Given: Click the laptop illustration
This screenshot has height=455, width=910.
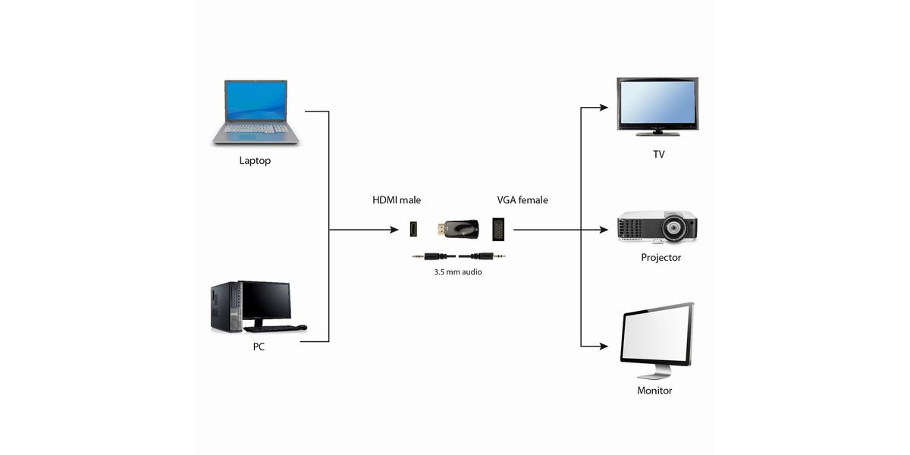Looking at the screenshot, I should [256, 112].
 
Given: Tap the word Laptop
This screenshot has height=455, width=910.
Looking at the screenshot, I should [255, 161].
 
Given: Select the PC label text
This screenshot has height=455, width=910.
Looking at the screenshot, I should [259, 347].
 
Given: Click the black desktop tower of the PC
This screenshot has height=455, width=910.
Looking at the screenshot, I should [224, 306].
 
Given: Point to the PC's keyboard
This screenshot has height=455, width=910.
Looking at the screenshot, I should [270, 328].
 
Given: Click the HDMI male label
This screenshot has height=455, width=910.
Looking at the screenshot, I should [396, 200].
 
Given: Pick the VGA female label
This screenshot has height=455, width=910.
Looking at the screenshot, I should [522, 200].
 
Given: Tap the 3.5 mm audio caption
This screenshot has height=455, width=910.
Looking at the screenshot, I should [453, 271].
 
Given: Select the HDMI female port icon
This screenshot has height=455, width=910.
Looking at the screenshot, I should [413, 229].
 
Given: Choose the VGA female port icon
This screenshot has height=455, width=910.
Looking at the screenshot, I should [499, 229].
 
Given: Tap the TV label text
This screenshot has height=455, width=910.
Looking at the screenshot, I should [658, 154].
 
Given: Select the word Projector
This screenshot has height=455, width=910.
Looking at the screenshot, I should [661, 258].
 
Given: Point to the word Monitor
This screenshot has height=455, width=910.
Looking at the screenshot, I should [654, 391].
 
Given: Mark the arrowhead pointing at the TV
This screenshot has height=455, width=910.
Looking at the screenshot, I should [604, 108].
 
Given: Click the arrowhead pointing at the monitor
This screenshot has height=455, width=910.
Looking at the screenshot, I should [604, 347].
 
